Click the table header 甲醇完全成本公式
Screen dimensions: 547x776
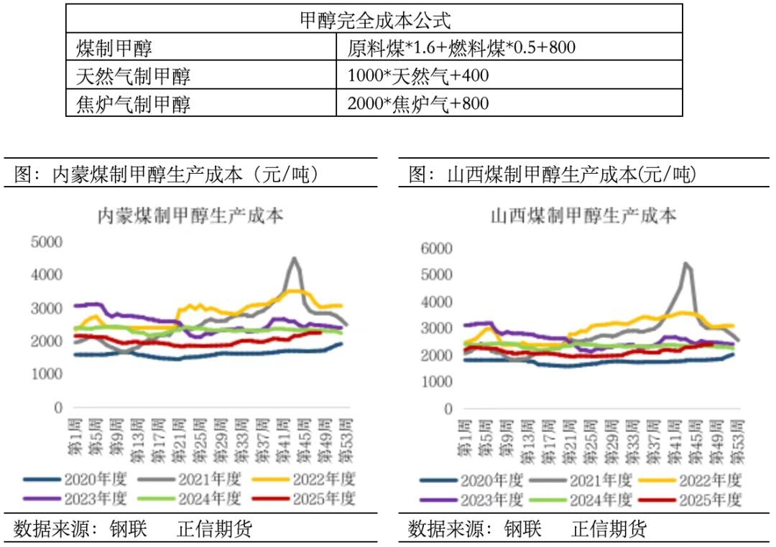click(x=374, y=19)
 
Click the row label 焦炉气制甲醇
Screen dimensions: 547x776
click(x=133, y=103)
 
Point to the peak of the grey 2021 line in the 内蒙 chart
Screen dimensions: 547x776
click(x=294, y=258)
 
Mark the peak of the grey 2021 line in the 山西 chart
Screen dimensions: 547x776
click(x=686, y=263)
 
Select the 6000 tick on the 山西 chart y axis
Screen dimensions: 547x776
click(x=438, y=248)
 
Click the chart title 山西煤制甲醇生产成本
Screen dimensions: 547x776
click(x=583, y=215)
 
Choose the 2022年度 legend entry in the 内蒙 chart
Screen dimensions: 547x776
click(x=320, y=479)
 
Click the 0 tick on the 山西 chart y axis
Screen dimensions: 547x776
click(x=448, y=409)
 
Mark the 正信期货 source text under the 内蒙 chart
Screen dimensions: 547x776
click(x=215, y=530)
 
